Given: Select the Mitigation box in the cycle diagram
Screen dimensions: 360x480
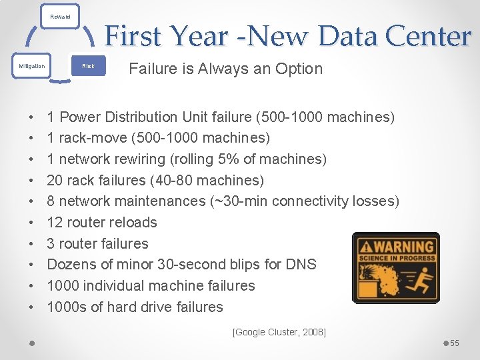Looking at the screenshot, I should click(32, 66).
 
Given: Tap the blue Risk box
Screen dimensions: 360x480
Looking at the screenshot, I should click(88, 66).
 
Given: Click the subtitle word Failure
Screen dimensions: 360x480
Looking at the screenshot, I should click(152, 69).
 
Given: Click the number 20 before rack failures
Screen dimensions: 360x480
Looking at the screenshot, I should click(55, 180).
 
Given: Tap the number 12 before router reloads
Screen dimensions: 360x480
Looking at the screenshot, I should click(55, 223).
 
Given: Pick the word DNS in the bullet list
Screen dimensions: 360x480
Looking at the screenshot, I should click(301, 265).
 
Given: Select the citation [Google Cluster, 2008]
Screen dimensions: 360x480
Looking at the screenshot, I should click(279, 331).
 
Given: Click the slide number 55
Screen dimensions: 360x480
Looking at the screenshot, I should click(455, 343).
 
